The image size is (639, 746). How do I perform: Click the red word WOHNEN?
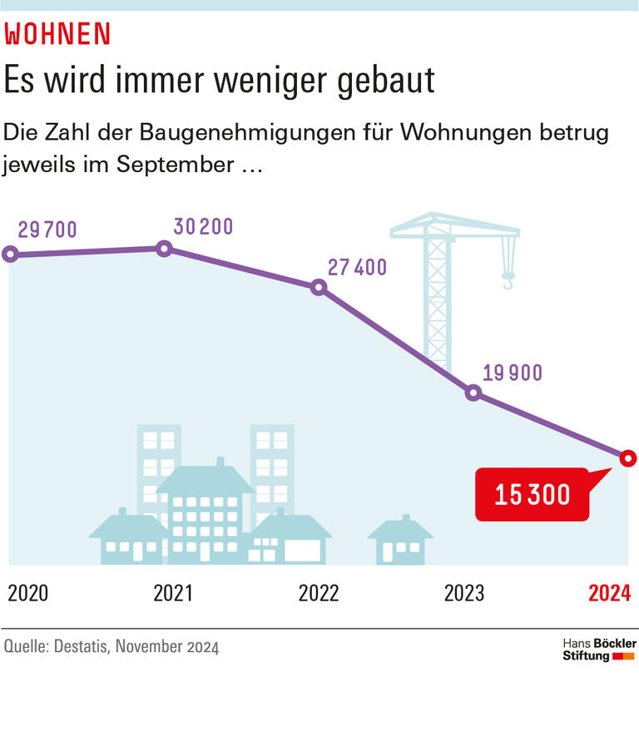tap(57, 33)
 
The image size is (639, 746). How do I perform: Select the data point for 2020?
tap(10, 254)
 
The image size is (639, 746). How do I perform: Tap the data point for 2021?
tap(164, 248)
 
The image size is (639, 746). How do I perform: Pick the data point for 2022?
tap(319, 288)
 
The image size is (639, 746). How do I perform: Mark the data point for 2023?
tap(473, 393)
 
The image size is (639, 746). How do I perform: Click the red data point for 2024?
tap(627, 457)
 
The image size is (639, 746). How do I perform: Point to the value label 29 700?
tap(48, 230)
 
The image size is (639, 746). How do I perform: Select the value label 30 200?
tap(203, 226)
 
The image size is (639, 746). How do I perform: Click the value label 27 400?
tap(357, 267)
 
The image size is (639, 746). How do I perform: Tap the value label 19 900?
tap(512, 372)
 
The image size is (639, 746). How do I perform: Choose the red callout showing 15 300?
tap(532, 495)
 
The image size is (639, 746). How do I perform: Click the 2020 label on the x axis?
tap(28, 593)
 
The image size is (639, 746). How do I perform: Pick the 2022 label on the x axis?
tap(319, 593)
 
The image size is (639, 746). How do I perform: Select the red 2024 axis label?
tap(610, 593)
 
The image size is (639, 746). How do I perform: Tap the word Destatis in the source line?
tap(81, 646)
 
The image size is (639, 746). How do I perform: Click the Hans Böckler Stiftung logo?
tap(599, 650)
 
